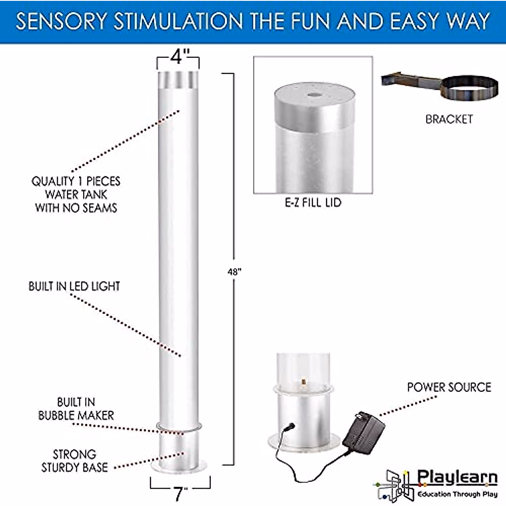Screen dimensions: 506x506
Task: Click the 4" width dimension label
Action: (x=179, y=57)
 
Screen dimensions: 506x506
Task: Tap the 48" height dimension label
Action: (x=234, y=272)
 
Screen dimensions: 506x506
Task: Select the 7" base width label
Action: (x=180, y=493)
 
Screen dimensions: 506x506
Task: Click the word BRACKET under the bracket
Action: (x=449, y=119)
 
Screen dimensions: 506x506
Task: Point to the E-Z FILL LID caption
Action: (x=313, y=203)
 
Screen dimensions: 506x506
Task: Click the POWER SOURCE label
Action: (x=449, y=387)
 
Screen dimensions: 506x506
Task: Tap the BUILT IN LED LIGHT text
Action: (x=74, y=286)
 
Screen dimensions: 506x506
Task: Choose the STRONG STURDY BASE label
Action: (x=74, y=461)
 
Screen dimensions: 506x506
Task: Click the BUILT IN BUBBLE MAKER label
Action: (x=76, y=409)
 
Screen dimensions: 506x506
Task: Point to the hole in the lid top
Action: (x=314, y=95)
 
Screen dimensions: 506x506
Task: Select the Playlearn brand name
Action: (x=457, y=478)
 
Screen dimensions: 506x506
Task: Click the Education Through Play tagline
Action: (x=457, y=494)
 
